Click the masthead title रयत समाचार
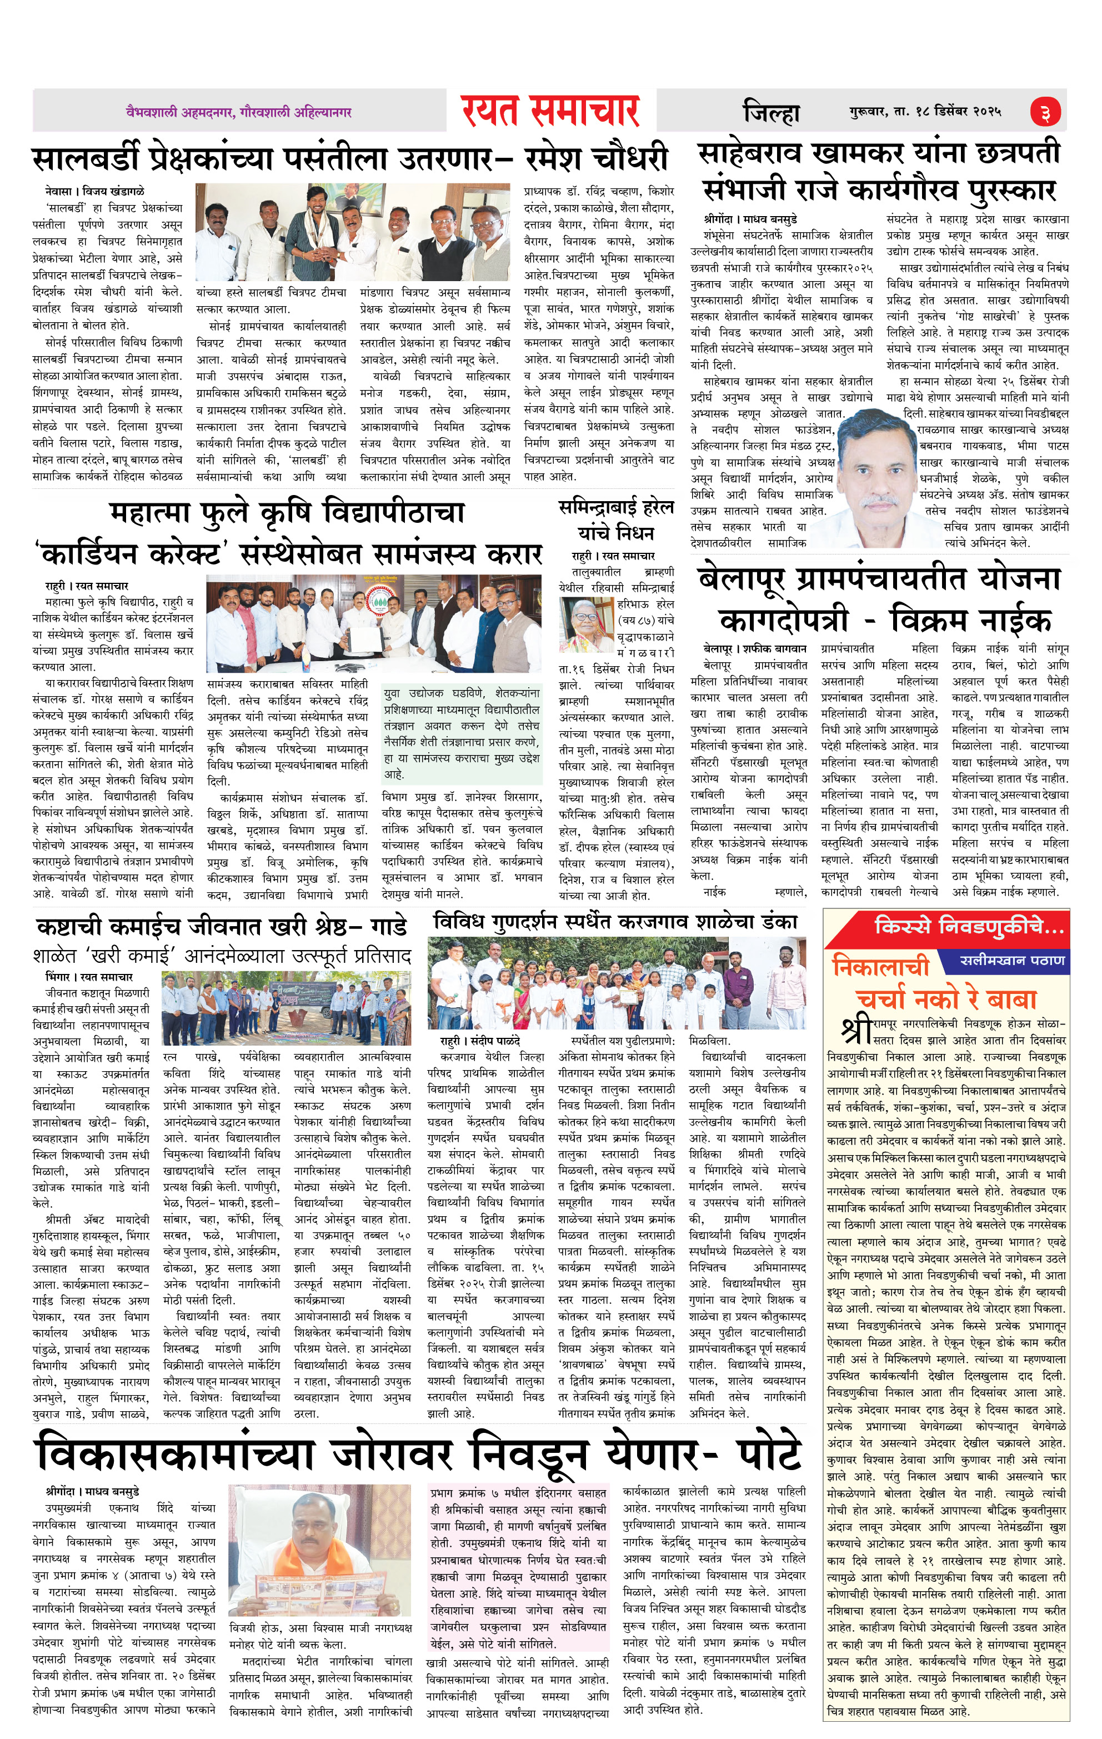pos(550,111)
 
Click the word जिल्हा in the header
pos(772,113)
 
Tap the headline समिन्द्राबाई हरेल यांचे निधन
pos(616,520)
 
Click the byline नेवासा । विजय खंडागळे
pos(94,191)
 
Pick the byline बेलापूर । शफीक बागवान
pos(755,648)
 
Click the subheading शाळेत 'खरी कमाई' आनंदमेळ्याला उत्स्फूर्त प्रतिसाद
pos(222,956)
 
